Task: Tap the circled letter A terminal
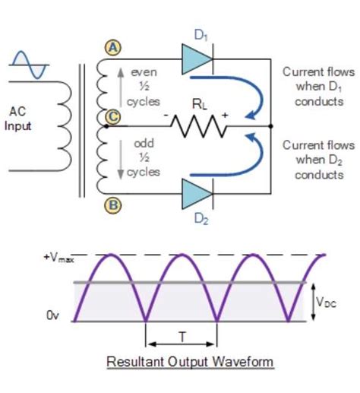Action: [x=112, y=48]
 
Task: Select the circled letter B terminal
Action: [x=112, y=204]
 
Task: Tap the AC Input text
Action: [x=18, y=119]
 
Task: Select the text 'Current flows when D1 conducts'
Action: [x=318, y=86]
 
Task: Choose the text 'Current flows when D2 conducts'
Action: [x=318, y=158]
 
